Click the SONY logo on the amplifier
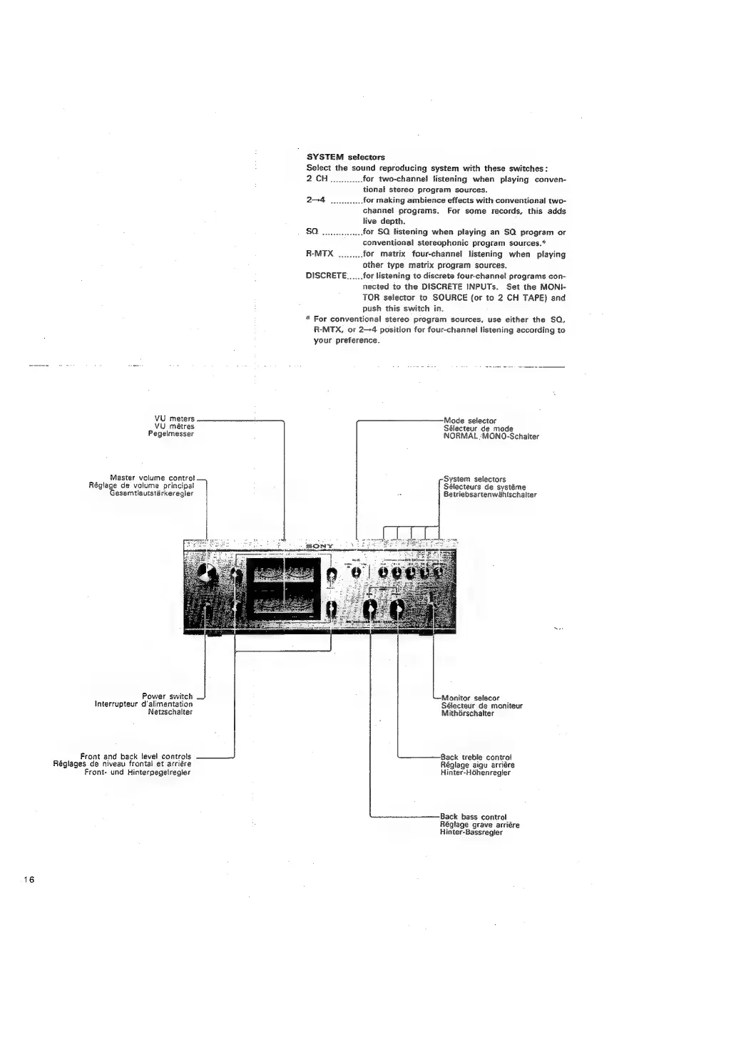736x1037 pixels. pos(319,547)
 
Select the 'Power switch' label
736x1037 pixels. pos(167,696)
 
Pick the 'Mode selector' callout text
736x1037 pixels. pos(469,421)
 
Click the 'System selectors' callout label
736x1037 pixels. pos(474,479)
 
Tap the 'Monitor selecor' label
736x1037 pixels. pos(470,698)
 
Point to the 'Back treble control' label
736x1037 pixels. pos(476,757)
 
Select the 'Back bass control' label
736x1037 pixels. pos(473,817)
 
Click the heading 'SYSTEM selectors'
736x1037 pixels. pos(345,157)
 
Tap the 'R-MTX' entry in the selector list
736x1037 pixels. pos(320,254)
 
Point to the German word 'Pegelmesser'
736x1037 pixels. pos(174,433)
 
